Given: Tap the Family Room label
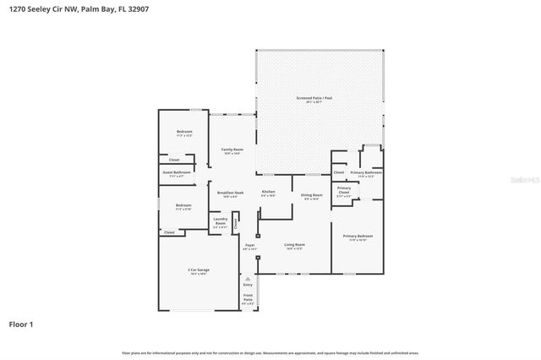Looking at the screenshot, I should [232, 150].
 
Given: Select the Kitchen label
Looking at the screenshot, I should [269, 193].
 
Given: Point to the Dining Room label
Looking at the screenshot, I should [312, 195].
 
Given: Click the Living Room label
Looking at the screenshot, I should [295, 245].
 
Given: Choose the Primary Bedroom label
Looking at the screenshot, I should [358, 236].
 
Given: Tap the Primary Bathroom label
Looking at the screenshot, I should [367, 172].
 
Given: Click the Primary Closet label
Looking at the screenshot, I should [344, 190].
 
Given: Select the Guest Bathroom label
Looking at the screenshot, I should [177, 172].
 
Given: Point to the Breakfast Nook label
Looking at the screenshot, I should [231, 194].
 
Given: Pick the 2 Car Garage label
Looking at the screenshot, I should [199, 270].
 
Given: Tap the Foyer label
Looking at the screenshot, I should [250, 246].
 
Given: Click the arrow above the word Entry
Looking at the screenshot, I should [248, 278].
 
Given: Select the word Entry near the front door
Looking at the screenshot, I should [248, 285].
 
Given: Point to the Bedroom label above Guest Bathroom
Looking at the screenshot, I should [184, 132].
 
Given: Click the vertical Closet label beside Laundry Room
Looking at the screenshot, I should [236, 223].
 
